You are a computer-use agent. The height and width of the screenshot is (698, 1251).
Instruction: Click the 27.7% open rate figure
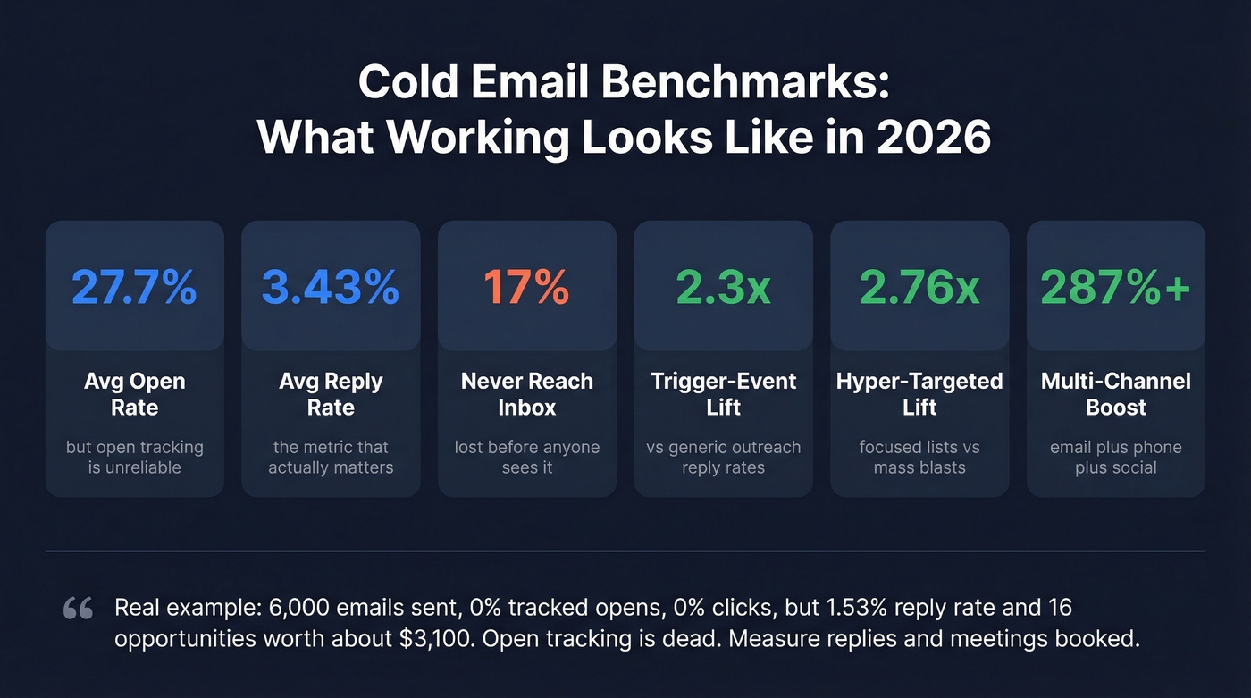click(x=134, y=287)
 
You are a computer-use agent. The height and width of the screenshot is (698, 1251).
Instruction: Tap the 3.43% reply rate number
click(x=331, y=287)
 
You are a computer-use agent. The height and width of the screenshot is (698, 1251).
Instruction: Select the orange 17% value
click(x=526, y=287)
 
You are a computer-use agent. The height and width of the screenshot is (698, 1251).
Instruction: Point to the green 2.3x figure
click(x=723, y=287)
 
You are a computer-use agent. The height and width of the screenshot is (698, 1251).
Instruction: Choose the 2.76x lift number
click(x=919, y=287)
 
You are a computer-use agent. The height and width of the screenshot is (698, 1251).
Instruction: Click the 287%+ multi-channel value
click(x=1115, y=287)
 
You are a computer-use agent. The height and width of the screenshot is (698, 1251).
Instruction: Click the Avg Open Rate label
click(x=134, y=394)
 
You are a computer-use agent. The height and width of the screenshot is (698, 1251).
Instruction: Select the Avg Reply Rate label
click(x=331, y=394)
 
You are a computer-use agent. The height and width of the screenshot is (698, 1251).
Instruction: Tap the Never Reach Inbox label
click(x=526, y=394)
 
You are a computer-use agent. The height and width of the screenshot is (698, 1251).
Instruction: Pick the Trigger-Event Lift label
click(x=723, y=394)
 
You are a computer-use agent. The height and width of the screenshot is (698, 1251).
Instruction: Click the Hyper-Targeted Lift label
click(x=919, y=394)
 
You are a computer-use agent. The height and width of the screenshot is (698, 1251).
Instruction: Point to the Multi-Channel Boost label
click(x=1115, y=394)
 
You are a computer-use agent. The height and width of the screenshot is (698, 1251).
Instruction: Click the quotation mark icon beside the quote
click(x=79, y=610)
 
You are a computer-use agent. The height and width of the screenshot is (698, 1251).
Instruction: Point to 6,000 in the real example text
click(x=304, y=609)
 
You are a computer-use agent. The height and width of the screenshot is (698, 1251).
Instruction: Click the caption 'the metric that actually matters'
click(x=331, y=457)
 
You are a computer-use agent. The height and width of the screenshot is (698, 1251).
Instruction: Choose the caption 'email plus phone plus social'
click(x=1115, y=457)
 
